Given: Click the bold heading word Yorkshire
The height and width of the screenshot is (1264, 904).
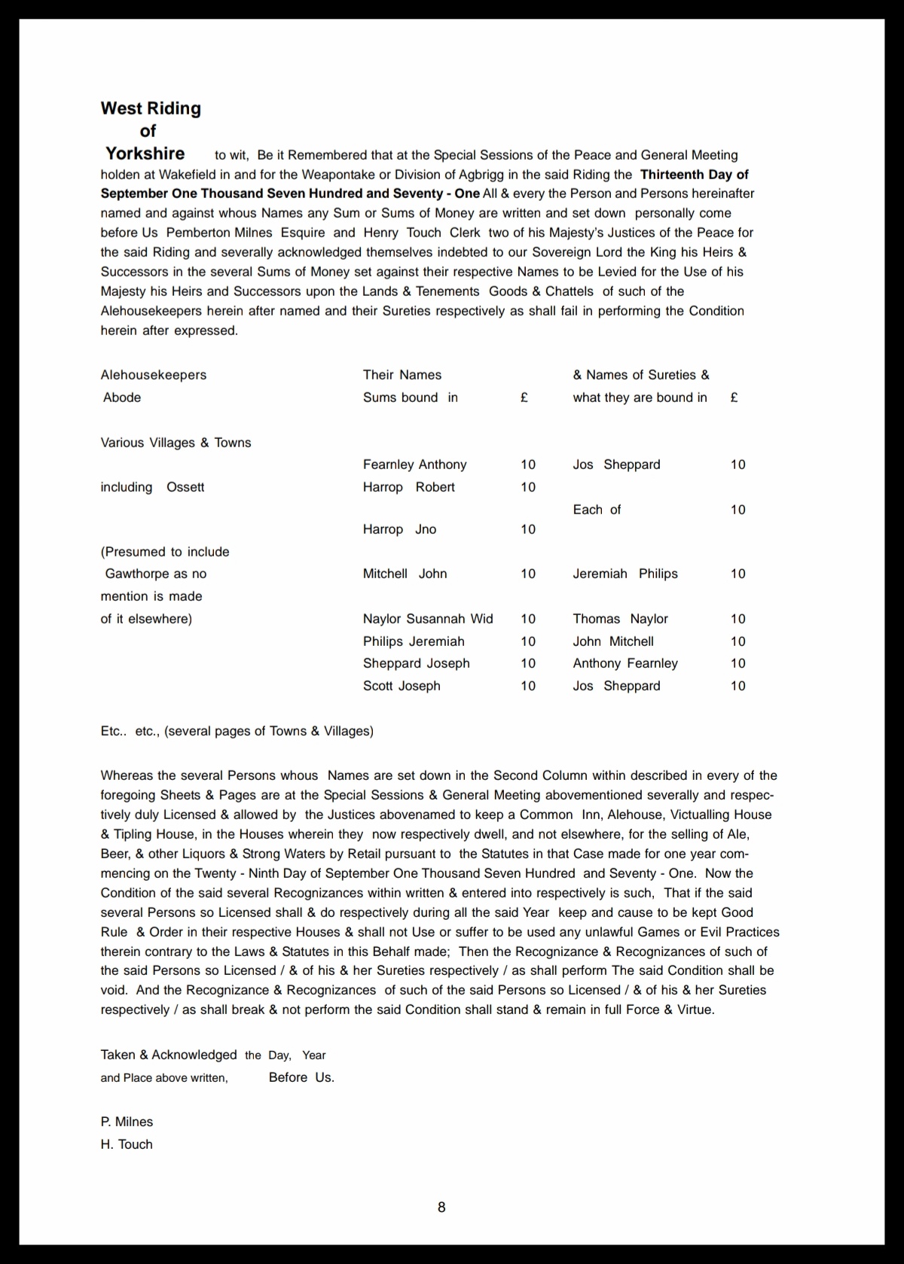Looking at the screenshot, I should (x=145, y=154).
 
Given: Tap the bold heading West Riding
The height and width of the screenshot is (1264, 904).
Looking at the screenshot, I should (x=151, y=108).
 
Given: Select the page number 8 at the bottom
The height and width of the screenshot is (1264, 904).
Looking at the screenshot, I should (x=441, y=1207).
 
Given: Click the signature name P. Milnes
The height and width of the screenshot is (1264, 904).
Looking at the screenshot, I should (x=127, y=1122).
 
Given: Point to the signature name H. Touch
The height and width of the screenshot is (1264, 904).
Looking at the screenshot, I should (x=127, y=1144).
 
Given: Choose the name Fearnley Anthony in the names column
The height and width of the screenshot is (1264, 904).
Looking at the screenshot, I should (x=414, y=464).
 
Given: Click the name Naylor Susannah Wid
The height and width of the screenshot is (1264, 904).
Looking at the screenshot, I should (x=428, y=619).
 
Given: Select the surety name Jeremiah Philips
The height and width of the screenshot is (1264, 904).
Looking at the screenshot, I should (x=625, y=574).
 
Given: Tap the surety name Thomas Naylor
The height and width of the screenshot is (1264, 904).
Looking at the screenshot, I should (x=620, y=619).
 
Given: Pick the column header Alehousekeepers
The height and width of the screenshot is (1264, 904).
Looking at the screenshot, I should (x=154, y=375).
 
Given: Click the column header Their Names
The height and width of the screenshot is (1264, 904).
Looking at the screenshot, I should (x=402, y=375).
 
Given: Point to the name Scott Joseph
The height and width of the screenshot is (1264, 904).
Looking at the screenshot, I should (x=402, y=686).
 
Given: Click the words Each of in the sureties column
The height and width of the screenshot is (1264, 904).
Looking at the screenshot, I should (x=597, y=510).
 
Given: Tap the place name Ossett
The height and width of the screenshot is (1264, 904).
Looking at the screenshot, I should (x=185, y=487).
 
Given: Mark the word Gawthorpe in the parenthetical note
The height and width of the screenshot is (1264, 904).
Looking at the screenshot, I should (x=137, y=574).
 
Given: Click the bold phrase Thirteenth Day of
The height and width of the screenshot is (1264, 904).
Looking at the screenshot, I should (x=694, y=175).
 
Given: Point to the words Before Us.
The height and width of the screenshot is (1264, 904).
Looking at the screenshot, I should (x=301, y=1077).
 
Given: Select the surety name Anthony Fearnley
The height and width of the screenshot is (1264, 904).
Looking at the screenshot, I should (x=625, y=663).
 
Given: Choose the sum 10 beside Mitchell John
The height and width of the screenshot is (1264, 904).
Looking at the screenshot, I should (x=528, y=574).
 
